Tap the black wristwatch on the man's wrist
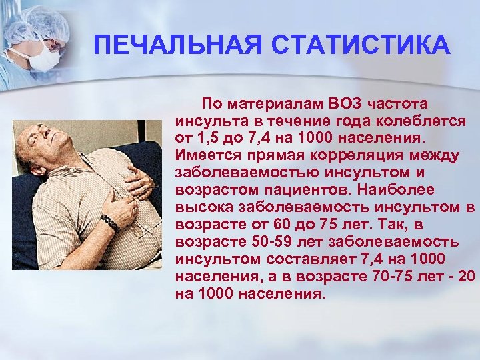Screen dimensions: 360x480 click(x=111, y=223)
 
